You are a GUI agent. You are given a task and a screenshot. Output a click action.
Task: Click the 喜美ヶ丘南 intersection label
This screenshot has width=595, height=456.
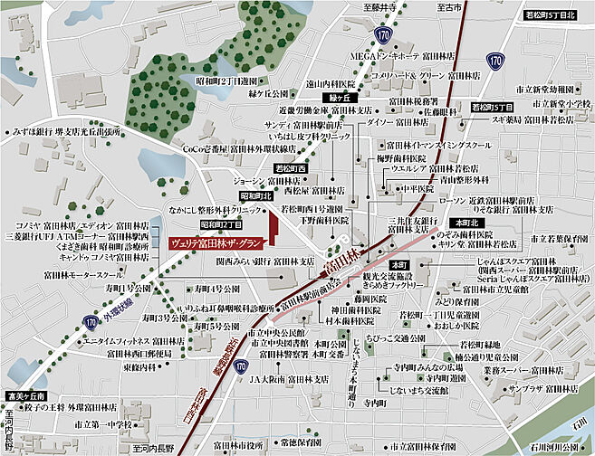24,395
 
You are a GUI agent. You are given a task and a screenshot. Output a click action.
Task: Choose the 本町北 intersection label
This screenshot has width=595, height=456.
465,221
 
